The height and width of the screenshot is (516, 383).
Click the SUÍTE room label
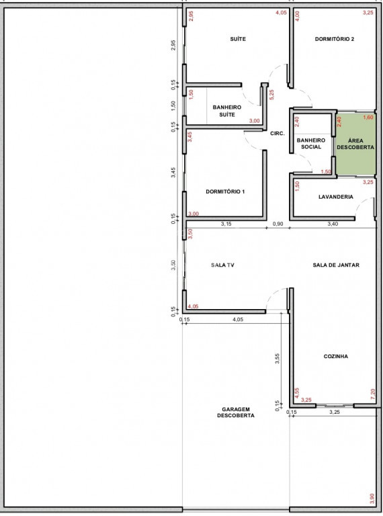[x=238, y=39]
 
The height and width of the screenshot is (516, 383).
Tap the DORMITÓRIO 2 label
[x=335, y=39]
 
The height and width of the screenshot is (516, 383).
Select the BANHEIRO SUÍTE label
[x=226, y=111]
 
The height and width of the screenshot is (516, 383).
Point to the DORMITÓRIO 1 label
[x=225, y=191]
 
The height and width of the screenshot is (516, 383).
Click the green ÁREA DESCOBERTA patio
[x=355, y=144]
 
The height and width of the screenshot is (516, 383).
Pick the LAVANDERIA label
[x=335, y=197]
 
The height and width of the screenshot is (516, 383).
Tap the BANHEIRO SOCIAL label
[x=311, y=144]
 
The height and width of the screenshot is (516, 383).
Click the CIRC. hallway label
[x=277, y=134]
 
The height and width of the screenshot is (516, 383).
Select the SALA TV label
[x=222, y=265]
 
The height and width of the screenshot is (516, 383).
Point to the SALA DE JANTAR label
[x=335, y=265]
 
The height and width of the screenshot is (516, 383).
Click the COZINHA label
[x=335, y=356]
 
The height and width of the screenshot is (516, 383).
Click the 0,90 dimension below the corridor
[x=278, y=224]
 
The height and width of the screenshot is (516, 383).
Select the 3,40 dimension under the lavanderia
[x=333, y=224]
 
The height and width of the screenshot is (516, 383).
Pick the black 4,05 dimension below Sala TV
[x=238, y=319]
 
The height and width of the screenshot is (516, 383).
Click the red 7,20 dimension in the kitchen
[x=372, y=394]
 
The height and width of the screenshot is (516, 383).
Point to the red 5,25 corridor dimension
[x=271, y=95]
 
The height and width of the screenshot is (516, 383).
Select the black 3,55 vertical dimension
[x=278, y=358]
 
